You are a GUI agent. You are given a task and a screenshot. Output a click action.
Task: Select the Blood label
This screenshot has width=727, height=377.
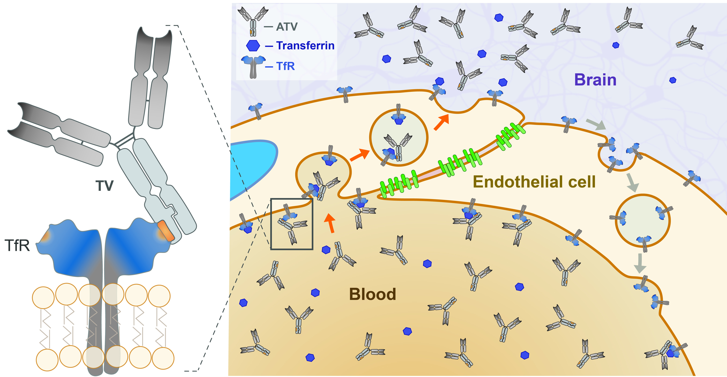pyautogui.click(x=373, y=294)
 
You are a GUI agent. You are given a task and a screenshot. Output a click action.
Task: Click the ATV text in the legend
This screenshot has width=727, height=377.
pyautogui.click(x=287, y=27)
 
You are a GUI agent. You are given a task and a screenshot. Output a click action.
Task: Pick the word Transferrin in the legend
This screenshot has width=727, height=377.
pyautogui.click(x=305, y=45)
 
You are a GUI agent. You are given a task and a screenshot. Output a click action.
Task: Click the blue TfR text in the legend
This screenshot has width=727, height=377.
pyautogui.click(x=286, y=66)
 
